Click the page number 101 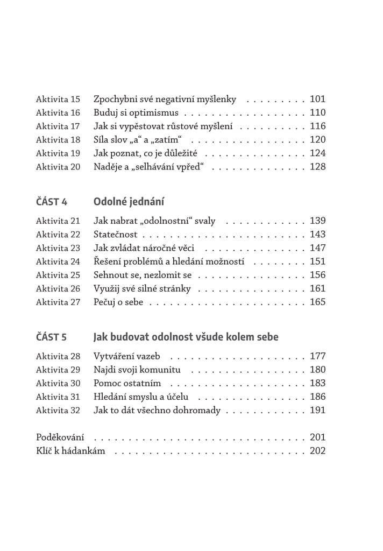317,99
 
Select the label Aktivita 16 58,113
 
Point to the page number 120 317,140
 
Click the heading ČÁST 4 52,202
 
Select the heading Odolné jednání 129,202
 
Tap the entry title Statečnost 115,235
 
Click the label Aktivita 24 58,262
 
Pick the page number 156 317,275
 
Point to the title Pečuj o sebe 118,302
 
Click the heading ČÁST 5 52,337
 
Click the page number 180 317,370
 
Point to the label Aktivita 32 58,410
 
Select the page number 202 317,450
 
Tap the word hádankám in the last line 87,450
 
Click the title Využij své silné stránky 142,288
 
